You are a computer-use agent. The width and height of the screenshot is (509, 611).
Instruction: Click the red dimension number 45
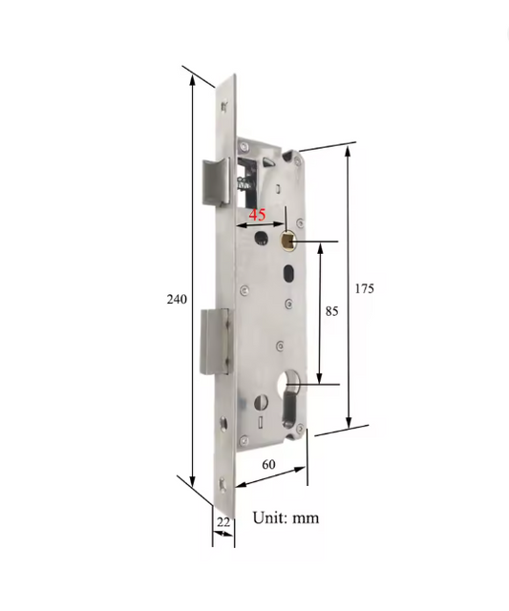pos(258,215)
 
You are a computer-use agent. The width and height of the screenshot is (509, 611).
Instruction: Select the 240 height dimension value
pos(177,299)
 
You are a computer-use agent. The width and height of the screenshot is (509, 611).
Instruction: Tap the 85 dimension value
pos(331,311)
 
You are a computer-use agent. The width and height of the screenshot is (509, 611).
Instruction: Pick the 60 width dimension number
pos(268,464)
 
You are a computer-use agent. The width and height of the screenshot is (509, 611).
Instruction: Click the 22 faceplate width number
pos(223,521)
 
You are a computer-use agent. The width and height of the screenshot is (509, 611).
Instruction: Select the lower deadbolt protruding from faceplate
pos(212,343)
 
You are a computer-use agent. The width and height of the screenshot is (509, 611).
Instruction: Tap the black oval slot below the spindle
pos(288,275)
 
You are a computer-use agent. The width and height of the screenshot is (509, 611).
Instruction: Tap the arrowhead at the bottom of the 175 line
pos(349,421)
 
